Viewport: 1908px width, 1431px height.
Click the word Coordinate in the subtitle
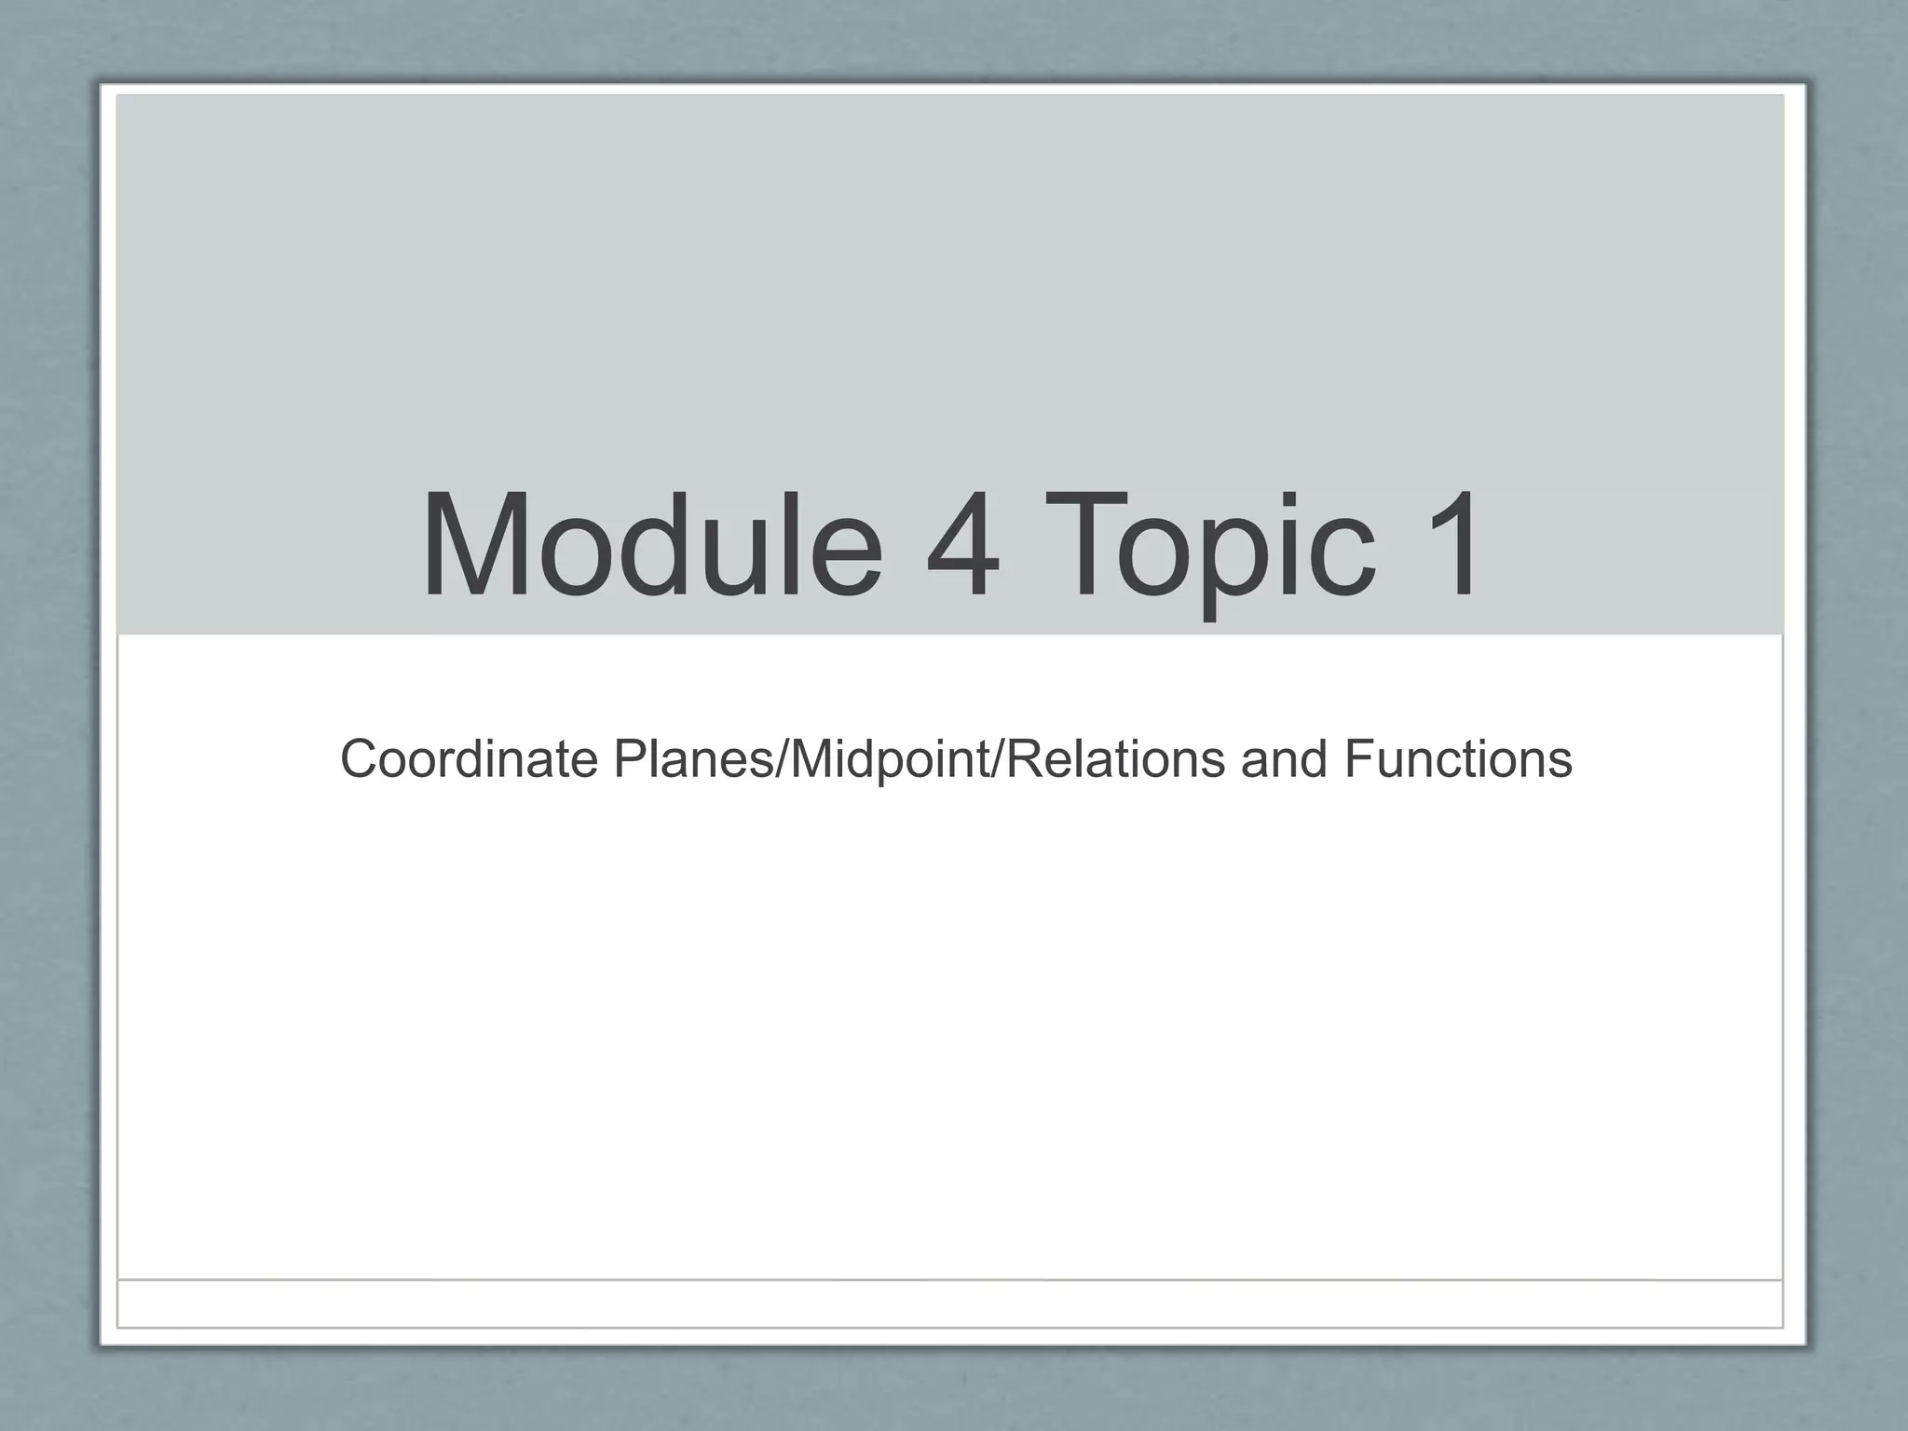point(469,758)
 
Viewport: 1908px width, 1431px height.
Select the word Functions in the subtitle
point(1458,758)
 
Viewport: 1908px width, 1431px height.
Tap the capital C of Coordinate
point(359,758)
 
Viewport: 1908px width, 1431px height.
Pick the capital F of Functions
point(1356,758)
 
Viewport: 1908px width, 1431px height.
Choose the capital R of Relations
point(1022,758)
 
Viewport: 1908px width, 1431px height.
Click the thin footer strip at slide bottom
point(950,1302)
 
